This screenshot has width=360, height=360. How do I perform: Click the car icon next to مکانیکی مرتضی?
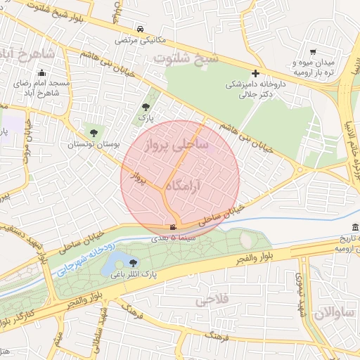click(141, 29)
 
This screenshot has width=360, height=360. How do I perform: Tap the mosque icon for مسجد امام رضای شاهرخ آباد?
click(41, 72)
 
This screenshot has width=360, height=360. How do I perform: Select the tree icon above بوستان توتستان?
click(93, 131)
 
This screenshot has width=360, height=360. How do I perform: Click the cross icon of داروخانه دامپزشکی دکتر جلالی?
click(255, 73)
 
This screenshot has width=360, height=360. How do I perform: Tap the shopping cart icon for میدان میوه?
click(312, 52)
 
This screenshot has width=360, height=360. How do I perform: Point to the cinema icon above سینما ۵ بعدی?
click(173, 226)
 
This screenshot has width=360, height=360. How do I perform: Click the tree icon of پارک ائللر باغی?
click(133, 263)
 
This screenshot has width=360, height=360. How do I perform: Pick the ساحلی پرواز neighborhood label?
click(176, 146)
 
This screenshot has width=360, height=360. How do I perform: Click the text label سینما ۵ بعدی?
click(173, 239)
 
